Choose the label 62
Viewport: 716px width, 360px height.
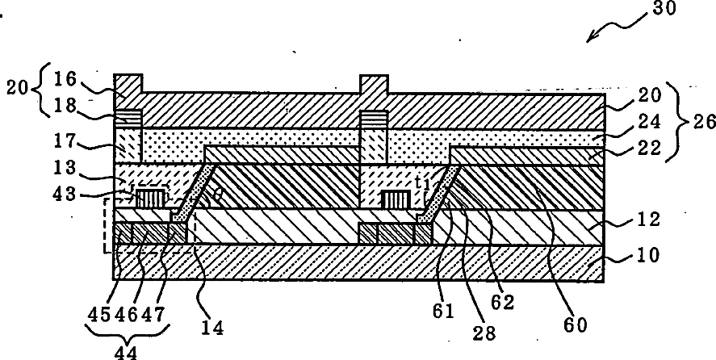tap(505, 303)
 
